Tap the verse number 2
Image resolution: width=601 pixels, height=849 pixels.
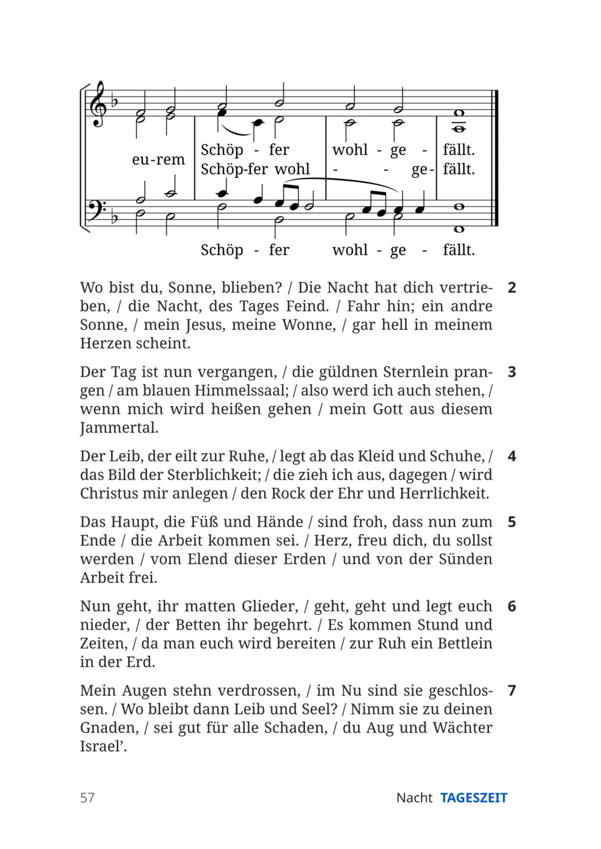(x=512, y=288)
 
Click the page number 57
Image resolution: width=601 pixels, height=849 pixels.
(x=87, y=798)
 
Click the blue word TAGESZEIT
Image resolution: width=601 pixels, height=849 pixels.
(x=474, y=798)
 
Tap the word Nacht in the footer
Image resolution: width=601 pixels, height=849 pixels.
(x=414, y=798)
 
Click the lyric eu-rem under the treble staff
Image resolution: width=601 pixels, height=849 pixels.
(x=158, y=160)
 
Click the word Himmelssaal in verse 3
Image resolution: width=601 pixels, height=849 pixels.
(x=242, y=391)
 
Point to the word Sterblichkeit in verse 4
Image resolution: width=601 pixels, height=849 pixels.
(x=214, y=475)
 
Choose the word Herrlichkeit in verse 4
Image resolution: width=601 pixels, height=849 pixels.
(x=444, y=493)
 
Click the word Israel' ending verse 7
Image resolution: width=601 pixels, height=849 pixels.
(x=104, y=746)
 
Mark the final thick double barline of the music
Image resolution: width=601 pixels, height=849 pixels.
(x=495, y=158)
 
